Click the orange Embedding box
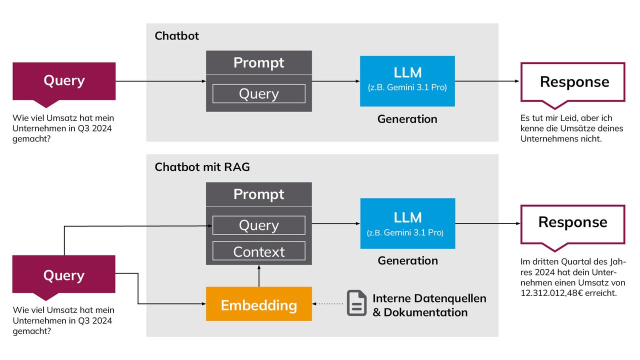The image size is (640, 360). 259,303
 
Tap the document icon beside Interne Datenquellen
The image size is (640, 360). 356,303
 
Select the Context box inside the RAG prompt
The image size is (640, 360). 259,251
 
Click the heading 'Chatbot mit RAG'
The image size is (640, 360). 202,167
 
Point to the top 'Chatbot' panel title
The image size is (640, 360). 177,36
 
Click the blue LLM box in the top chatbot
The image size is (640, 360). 407,81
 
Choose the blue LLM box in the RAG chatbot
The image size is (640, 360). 407,223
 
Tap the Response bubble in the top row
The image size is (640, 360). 573,82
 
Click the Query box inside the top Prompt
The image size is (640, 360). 259,93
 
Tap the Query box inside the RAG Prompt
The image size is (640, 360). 259,225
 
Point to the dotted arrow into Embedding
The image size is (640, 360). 327,303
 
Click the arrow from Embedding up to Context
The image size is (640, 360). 259,276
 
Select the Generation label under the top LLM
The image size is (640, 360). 407,119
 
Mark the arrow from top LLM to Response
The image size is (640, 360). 487,81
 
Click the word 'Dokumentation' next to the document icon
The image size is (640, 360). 425,312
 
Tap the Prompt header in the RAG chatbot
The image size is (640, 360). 259,194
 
